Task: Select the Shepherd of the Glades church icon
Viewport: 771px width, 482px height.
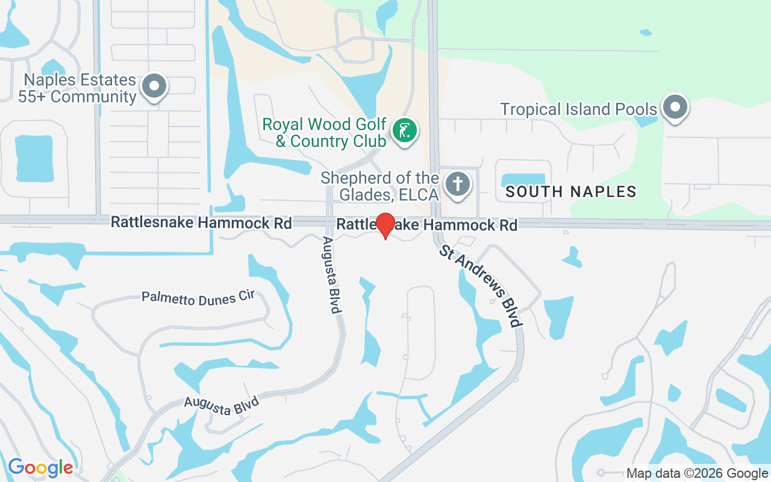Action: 458,183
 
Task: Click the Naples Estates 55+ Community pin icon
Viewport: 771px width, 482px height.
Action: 154,86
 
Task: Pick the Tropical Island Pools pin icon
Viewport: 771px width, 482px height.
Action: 675,107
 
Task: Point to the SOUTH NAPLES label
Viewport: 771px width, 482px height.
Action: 571,192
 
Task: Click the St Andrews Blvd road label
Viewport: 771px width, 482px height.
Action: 480,286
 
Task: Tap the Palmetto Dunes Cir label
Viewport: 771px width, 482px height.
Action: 198,297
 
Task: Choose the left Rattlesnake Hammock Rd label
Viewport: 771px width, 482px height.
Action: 201,223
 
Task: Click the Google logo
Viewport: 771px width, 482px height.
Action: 40,468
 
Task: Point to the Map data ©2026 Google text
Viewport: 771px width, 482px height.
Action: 697,474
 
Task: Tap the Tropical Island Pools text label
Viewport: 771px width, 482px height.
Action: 579,109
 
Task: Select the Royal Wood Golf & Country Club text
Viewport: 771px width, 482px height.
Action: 324,133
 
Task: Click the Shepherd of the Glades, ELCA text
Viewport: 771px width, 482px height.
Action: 379,186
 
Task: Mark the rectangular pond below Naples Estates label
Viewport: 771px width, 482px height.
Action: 34,158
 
